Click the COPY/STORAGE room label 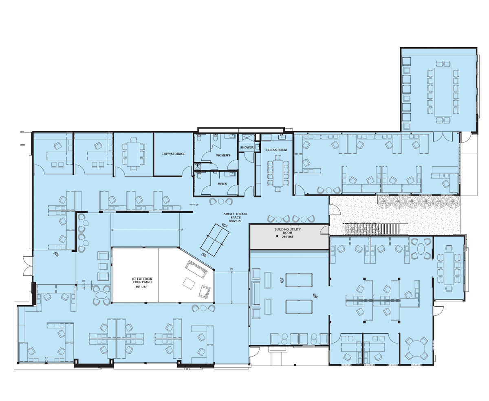point(173,154)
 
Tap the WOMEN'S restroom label point(223,155)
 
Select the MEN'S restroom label point(222,184)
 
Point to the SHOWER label point(247,147)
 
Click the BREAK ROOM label point(276,150)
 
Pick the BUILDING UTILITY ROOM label point(288,231)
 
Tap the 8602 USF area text point(236,221)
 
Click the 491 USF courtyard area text point(141,286)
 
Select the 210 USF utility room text point(288,237)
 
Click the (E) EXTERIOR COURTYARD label point(142,280)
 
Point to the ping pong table point(215,240)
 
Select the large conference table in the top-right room point(443,92)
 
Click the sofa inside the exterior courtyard point(196,269)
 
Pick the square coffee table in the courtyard point(189,283)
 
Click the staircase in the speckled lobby point(372,229)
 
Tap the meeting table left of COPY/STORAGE point(133,154)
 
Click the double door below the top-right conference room point(443,137)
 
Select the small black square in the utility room point(277,236)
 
